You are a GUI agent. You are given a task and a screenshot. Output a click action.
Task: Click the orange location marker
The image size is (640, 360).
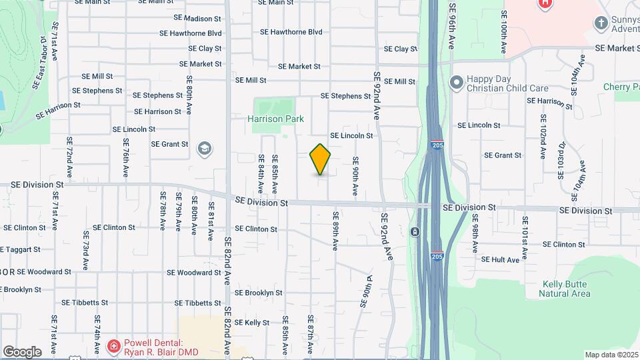(x=320, y=159)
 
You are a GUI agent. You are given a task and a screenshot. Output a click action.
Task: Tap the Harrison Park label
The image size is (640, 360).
(x=275, y=119)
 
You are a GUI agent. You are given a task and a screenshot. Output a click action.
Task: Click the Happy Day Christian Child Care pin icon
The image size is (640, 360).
(x=457, y=83)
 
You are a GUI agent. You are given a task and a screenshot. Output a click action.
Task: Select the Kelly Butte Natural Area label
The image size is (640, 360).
(x=566, y=289)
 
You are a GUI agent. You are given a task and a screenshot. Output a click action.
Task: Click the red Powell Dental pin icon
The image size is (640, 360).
(x=113, y=346)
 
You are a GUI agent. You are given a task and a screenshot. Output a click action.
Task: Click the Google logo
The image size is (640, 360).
(x=22, y=351)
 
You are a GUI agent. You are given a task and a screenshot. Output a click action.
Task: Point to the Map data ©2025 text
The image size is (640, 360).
(x=611, y=355)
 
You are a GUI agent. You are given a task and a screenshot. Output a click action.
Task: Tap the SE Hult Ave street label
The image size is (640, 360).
(x=500, y=260)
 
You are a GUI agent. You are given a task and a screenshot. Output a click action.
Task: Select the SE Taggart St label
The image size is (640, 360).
(x=20, y=249)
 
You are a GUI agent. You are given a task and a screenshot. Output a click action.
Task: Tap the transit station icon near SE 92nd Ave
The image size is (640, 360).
(x=415, y=232)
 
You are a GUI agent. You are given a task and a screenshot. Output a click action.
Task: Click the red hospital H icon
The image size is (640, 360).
(x=545, y=3)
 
